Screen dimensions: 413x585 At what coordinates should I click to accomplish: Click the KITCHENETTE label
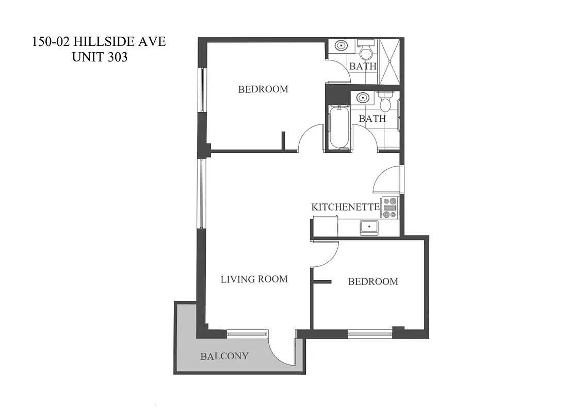(x=346, y=207)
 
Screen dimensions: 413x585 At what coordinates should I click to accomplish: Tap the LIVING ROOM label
(x=254, y=279)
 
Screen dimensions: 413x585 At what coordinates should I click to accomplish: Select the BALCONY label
(x=224, y=356)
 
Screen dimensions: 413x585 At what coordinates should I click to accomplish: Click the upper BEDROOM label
(x=263, y=89)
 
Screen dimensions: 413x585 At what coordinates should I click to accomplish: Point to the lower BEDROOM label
(x=373, y=282)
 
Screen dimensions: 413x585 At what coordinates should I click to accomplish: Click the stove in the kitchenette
(x=389, y=208)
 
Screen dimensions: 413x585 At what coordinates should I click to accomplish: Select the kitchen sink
(x=369, y=227)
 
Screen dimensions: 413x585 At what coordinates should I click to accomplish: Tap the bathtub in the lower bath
(x=338, y=126)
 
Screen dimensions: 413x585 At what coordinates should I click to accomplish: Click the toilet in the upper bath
(x=366, y=52)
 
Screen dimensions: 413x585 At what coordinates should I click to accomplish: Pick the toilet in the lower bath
(x=385, y=102)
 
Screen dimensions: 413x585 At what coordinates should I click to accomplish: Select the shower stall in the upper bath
(x=389, y=62)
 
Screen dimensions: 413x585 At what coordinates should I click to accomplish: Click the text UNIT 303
(x=100, y=57)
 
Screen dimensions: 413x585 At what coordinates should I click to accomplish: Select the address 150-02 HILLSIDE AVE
(x=99, y=42)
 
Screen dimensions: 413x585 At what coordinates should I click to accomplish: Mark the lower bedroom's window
(x=369, y=333)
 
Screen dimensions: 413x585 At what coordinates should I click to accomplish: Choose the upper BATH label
(x=363, y=67)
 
